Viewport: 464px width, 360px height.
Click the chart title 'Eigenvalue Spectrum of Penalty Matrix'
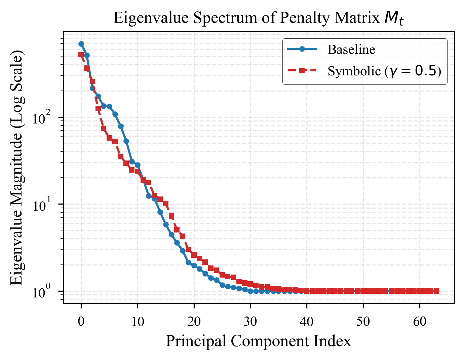coord(258,18)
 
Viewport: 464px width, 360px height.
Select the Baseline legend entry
coord(351,49)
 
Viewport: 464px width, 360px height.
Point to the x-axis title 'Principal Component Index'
coord(258,341)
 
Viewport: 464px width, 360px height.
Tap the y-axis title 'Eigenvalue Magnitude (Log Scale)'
coord(17,167)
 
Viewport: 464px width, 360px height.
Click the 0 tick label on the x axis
coord(81,322)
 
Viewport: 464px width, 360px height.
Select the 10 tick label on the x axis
coord(138,322)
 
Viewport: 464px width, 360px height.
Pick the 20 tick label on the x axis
coord(194,322)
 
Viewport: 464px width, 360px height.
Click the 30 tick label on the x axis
coord(250,322)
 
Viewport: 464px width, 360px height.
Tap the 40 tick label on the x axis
coord(307,322)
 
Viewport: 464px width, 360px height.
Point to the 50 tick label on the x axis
coord(363,322)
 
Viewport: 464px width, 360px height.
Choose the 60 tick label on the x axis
coord(420,322)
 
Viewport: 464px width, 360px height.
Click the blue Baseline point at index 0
coord(81,44)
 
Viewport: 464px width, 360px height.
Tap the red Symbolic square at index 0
coord(81,55)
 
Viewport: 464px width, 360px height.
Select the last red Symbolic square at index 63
coord(436,291)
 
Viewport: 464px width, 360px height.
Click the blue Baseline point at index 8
coord(126,141)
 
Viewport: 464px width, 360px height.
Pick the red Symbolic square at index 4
coord(104,129)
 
